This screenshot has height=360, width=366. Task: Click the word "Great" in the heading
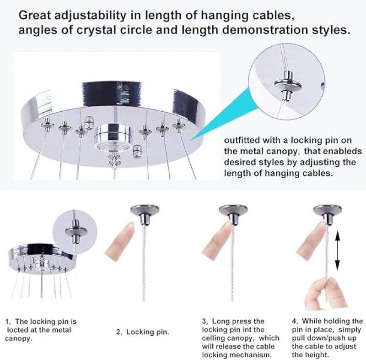tap(35, 16)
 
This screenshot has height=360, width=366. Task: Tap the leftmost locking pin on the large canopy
tap(48, 125)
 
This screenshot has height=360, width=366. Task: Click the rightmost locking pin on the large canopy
tap(179, 125)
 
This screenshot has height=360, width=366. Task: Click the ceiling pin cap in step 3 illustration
tap(233, 214)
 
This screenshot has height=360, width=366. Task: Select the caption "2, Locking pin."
tap(143, 332)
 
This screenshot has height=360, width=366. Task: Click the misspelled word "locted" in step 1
tap(17, 330)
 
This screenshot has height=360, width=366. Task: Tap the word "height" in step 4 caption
tap(318, 355)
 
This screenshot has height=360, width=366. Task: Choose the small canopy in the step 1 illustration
tap(41, 258)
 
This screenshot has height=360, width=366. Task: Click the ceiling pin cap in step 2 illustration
tap(145, 214)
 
